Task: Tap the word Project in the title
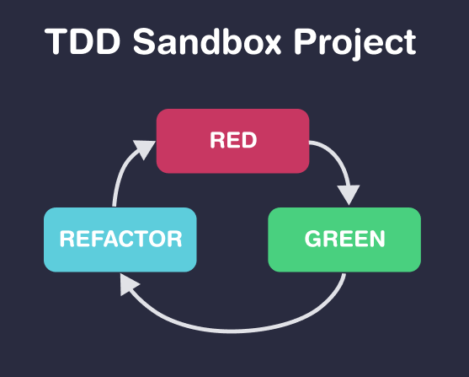click(x=354, y=42)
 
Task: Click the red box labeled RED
click(x=233, y=141)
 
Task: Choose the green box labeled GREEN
click(x=344, y=240)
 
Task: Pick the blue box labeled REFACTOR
click(x=120, y=240)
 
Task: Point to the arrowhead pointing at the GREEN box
click(x=345, y=195)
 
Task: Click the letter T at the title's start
click(x=56, y=42)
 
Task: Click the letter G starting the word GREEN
click(x=312, y=240)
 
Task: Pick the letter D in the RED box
click(x=249, y=141)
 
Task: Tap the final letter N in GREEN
click(x=376, y=240)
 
